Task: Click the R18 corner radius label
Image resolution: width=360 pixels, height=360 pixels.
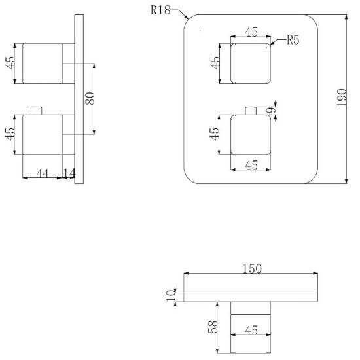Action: (x=160, y=10)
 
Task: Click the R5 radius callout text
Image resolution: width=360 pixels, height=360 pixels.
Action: (x=293, y=40)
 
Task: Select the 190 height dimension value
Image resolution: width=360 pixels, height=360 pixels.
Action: (x=342, y=98)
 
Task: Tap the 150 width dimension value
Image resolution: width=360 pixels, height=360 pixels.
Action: (x=252, y=269)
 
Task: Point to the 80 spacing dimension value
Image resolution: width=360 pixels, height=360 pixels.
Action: (x=90, y=98)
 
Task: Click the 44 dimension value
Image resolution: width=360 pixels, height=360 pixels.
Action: (x=43, y=173)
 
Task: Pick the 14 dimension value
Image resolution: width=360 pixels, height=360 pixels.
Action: (x=69, y=173)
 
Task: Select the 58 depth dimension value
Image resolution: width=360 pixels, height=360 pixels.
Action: (x=212, y=327)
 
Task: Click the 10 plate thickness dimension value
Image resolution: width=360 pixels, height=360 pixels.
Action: (x=171, y=296)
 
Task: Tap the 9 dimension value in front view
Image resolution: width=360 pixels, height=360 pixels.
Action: (x=270, y=111)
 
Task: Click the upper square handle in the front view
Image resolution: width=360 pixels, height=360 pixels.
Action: (x=251, y=63)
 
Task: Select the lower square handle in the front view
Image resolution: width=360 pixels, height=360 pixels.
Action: (x=251, y=135)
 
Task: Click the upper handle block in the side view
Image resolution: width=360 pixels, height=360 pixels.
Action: (x=43, y=63)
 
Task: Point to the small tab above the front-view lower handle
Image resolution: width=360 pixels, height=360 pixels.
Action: (x=251, y=111)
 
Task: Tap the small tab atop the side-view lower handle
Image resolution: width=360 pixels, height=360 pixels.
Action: (x=37, y=111)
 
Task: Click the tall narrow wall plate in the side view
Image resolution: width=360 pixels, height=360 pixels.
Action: (x=79, y=99)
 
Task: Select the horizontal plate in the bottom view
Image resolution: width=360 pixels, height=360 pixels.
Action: (x=251, y=297)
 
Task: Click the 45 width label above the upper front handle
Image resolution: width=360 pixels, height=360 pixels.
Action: (x=251, y=32)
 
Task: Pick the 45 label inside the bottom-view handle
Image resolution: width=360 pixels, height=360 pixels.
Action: (x=251, y=330)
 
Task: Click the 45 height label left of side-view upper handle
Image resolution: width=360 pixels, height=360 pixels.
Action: (x=10, y=62)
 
